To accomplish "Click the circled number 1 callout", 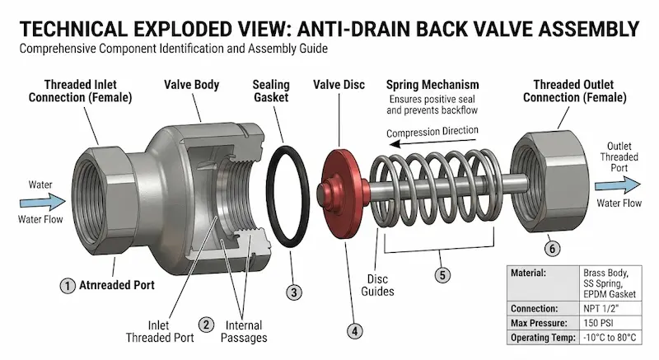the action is [68, 286].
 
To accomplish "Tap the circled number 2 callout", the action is [206, 325].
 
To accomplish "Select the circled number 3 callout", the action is [294, 292].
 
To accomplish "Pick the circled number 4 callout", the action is [355, 331].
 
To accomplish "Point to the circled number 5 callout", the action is [442, 275].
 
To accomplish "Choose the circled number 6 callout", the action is [552, 249].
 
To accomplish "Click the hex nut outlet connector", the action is [549, 181].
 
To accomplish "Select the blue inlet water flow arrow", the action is [43, 202].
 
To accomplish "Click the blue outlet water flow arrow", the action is [617, 185].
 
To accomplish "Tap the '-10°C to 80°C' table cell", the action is [610, 337].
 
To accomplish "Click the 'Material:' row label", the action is [528, 273].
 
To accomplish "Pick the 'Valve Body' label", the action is [192, 85].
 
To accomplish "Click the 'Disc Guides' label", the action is [377, 285].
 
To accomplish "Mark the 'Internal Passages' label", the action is [244, 331].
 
